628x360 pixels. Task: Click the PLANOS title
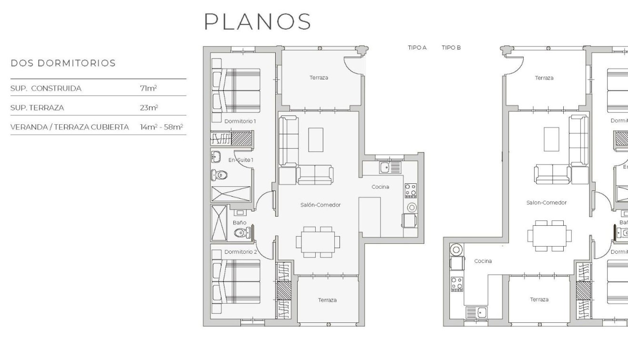pos(258,22)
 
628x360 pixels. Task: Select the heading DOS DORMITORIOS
pos(63,63)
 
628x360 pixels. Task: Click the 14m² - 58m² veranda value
pos(161,127)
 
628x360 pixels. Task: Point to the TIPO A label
pos(417,48)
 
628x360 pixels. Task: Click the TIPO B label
pos(451,48)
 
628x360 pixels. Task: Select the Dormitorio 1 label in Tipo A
pos(240,121)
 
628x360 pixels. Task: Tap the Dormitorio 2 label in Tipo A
pos(240,251)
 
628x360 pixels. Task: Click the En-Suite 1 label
pos(240,160)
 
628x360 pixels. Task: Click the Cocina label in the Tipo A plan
pos(380,187)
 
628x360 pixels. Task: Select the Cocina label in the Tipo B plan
pos(483,261)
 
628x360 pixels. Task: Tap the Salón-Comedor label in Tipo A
pos(320,205)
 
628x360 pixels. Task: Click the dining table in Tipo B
pos(548,235)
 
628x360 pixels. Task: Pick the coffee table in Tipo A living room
pos(315,140)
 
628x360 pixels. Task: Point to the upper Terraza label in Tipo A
pos(319,77)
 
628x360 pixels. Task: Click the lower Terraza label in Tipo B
pos(539,300)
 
